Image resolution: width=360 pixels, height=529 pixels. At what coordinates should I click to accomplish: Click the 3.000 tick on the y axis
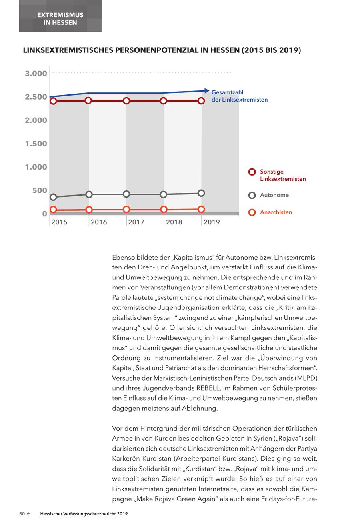click(x=36, y=74)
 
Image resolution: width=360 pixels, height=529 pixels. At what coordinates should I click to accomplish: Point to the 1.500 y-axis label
click(x=36, y=144)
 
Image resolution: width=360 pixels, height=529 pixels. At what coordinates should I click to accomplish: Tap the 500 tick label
click(x=40, y=190)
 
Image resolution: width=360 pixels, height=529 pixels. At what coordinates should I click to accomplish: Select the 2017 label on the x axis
click(x=136, y=222)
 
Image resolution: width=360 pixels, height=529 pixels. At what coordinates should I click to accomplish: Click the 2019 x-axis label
click(x=211, y=222)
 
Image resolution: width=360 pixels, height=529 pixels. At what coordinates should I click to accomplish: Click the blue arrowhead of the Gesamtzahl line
click(x=206, y=91)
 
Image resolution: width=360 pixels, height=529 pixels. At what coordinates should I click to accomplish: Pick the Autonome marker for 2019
click(x=201, y=193)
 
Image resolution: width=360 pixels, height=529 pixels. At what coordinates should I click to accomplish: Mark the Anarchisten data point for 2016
click(x=89, y=210)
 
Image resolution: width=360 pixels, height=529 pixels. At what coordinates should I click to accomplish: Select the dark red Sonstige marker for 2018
click(x=163, y=101)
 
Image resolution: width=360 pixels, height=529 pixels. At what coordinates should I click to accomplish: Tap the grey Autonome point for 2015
click(x=53, y=197)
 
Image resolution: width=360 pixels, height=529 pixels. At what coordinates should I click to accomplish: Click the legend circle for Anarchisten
click(x=252, y=212)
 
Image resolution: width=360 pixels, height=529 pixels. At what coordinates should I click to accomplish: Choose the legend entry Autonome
click(x=274, y=195)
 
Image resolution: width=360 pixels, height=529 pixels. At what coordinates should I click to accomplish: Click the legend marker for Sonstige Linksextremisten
click(x=252, y=172)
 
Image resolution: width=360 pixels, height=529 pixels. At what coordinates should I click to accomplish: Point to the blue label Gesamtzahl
click(x=227, y=92)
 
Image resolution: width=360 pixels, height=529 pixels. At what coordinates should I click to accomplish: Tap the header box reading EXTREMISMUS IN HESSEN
click(x=60, y=18)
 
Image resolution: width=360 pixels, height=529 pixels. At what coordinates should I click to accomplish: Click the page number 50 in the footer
click(x=22, y=514)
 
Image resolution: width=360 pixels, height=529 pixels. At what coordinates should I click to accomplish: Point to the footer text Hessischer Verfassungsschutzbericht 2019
click(x=84, y=514)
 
